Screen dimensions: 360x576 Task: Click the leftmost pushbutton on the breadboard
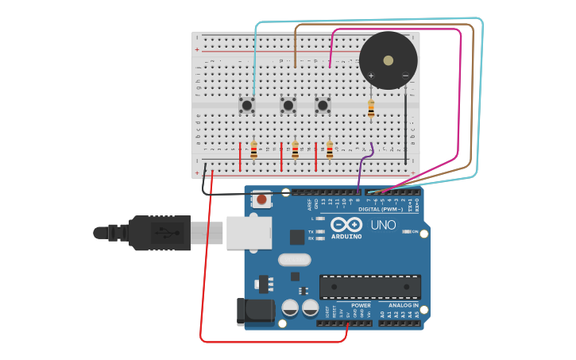point(247,105)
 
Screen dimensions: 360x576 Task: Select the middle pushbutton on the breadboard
point(288,105)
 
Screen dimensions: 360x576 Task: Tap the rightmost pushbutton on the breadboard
point(323,105)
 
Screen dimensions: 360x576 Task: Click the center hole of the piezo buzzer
point(388,60)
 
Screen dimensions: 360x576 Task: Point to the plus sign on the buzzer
point(370,75)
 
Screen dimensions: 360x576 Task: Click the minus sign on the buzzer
point(405,75)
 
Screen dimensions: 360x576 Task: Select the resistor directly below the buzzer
point(371,109)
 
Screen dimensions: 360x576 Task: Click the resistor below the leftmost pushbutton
point(253,149)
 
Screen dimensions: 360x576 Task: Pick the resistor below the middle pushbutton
point(295,149)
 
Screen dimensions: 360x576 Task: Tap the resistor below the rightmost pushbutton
point(330,149)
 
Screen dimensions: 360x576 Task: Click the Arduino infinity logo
point(346,225)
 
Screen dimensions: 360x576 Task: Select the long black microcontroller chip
point(370,286)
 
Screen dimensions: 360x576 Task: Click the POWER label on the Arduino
point(361,305)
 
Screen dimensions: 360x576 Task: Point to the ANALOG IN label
point(404,305)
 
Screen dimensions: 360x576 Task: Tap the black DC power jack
point(255,312)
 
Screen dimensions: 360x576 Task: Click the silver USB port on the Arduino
point(249,232)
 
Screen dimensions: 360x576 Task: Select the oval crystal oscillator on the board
point(294,259)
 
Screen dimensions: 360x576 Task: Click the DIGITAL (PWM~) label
point(386,209)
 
